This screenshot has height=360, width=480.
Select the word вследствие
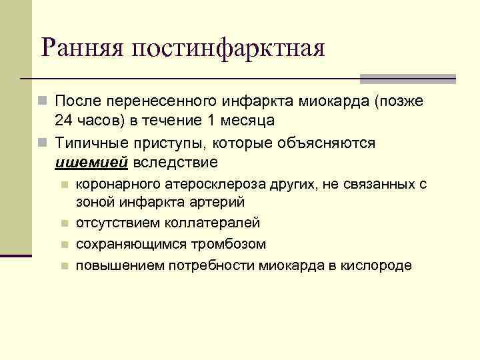(176, 161)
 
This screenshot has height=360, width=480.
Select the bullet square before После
(43, 103)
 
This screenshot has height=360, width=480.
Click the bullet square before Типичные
(43, 143)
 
